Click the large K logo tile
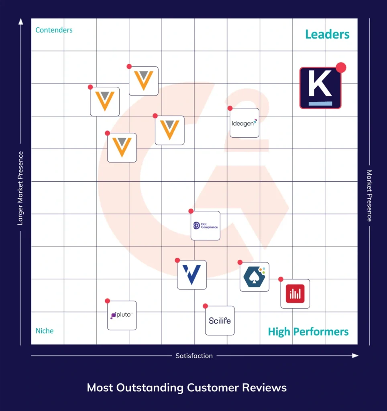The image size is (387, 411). click(320, 88)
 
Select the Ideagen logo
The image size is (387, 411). click(244, 123)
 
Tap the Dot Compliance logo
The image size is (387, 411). click(206, 226)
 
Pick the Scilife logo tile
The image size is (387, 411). click(220, 321)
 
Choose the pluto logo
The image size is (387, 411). click(122, 315)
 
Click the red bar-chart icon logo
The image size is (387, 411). click(295, 294)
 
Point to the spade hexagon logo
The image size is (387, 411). click(255, 277)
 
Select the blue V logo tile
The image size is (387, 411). click(192, 275)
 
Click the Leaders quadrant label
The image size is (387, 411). click(327, 34)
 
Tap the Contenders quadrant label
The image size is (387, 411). click(54, 30)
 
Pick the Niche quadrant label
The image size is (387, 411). click(45, 331)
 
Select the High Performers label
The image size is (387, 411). click(308, 332)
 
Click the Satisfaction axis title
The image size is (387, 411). click(194, 356)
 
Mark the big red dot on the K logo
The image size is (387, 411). click(341, 67)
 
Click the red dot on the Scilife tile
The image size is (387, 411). click(205, 306)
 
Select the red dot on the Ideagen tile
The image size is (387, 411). click(230, 108)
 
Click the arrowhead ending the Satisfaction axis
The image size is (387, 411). click(355, 356)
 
